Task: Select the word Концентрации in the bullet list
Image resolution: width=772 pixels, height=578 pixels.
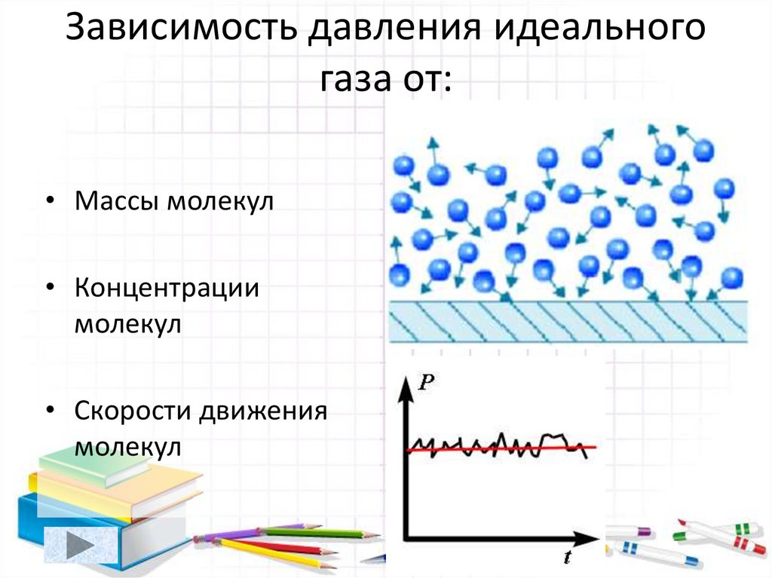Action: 167,289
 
